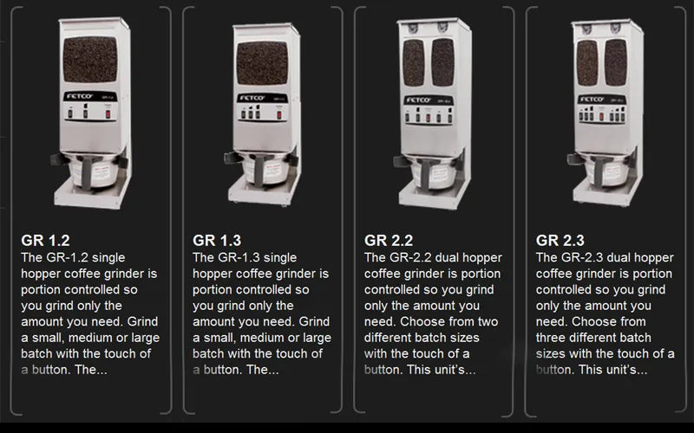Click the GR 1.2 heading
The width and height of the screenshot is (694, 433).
46,241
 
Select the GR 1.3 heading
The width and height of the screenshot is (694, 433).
217,241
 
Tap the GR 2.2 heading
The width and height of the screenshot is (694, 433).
389,241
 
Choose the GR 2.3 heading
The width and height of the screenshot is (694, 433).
560,241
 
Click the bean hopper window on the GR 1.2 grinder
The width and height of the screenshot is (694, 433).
90,59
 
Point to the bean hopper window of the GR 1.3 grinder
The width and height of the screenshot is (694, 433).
262,62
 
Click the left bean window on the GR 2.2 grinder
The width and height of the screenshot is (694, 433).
414,62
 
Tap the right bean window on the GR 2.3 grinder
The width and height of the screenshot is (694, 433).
616,62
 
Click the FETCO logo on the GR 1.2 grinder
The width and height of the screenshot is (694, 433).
79,96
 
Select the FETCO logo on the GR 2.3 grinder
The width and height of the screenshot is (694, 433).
593,100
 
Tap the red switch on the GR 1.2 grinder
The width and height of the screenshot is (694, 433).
108,114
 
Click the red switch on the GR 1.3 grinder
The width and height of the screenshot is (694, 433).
278,115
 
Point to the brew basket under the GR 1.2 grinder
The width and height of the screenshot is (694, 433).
93,170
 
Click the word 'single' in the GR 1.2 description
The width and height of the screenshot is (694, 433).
108,257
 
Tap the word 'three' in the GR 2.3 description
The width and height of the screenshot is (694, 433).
550,338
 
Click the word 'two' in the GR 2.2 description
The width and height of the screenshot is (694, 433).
488,321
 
